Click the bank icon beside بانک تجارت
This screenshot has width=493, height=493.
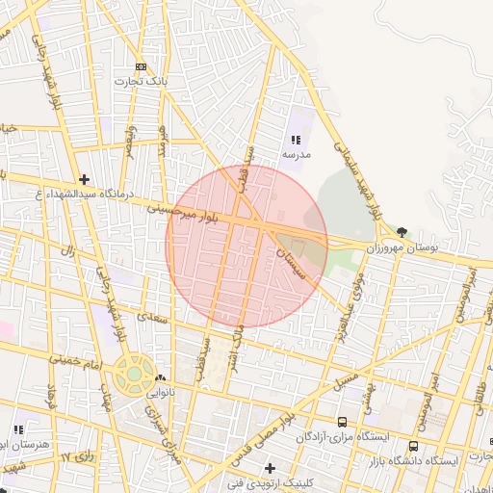pos(142,66)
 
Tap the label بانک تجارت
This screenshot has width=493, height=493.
pos(142,82)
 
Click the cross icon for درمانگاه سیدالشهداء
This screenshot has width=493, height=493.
pos(85,178)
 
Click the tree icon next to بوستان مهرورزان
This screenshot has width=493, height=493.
pos(402,232)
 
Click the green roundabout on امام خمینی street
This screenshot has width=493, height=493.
pos(133,373)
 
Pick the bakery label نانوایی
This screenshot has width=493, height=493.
pos(160,393)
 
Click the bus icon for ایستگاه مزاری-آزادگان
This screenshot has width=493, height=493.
pos(342,422)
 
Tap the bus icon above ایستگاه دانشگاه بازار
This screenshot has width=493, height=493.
pos(414,446)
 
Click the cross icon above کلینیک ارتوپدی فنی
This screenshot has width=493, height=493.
pos(270,467)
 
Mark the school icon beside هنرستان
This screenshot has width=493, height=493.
pos(18,429)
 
